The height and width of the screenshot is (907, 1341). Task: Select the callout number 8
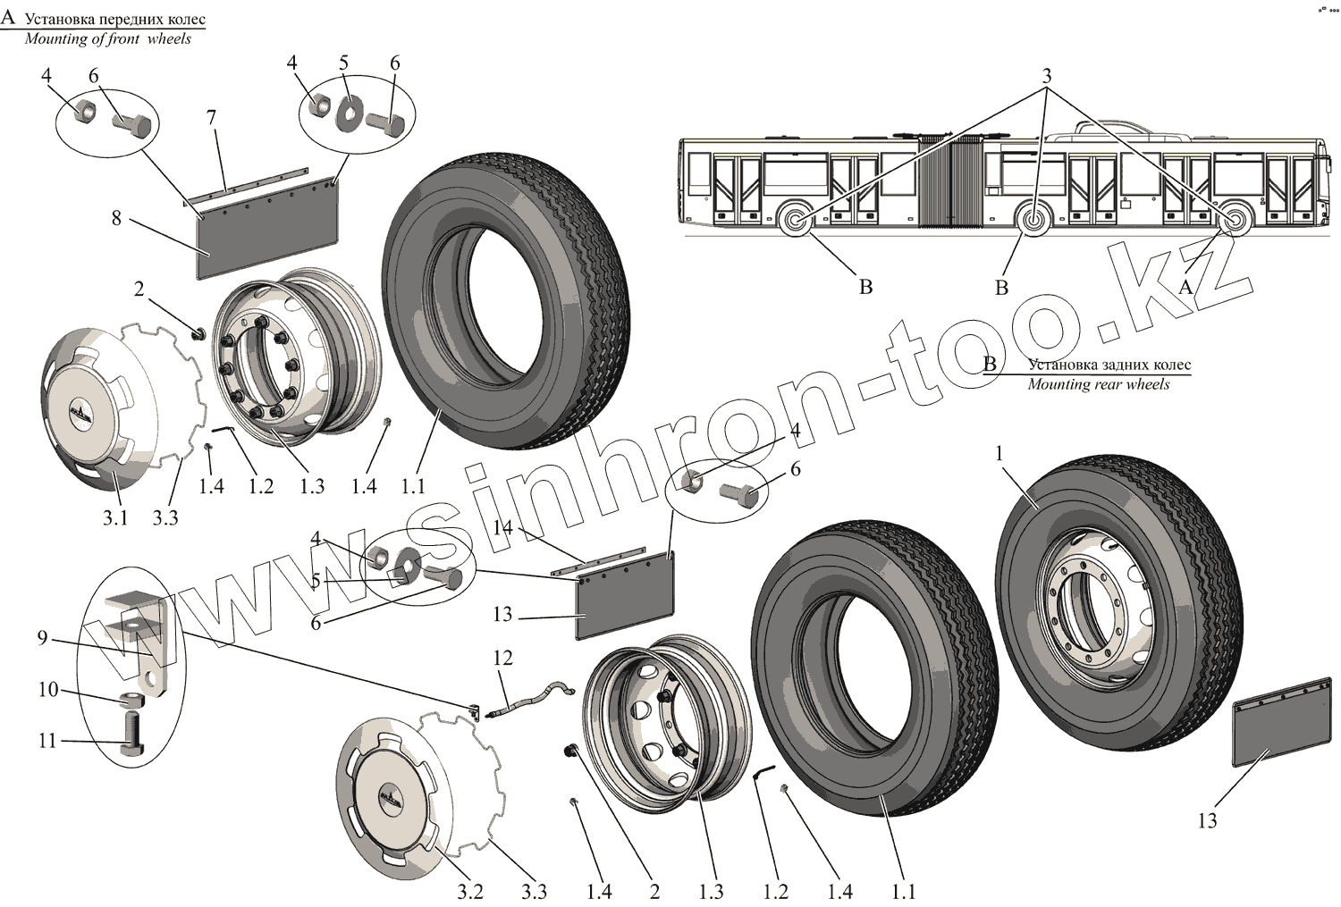116,217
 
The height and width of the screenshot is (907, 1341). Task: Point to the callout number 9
42,638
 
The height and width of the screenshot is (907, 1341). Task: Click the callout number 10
47,690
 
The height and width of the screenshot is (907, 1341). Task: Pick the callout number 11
46,741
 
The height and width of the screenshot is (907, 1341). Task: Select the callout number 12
502,658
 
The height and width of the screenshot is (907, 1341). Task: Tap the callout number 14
502,528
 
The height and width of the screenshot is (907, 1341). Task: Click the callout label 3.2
471,891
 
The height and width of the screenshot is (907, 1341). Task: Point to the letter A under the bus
1185,287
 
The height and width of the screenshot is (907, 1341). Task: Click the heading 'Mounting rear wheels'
1098,384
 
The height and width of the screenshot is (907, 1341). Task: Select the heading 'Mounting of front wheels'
107,38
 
